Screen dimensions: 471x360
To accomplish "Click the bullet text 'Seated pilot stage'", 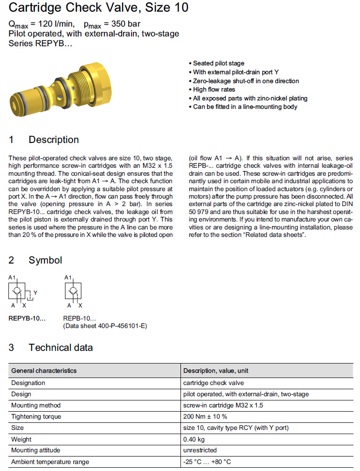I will (218, 63).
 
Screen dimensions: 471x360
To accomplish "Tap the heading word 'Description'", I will (54, 140).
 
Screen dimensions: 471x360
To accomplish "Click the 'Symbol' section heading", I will (45, 260).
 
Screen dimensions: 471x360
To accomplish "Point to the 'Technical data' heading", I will (61, 348).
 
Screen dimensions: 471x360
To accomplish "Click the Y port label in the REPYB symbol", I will (36, 293).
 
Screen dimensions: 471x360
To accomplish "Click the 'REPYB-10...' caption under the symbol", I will (27, 318).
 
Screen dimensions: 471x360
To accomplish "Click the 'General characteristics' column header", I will (44, 371).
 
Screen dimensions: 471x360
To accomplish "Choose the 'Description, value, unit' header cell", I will (216, 371).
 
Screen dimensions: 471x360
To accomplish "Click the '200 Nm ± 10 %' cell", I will (205, 416).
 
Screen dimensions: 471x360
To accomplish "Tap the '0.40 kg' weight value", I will (194, 439).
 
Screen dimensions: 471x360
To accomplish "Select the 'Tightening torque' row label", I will (36, 416).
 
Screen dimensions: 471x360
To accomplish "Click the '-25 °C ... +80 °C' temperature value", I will (207, 462).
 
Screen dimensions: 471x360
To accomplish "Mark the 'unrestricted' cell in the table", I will (200, 450).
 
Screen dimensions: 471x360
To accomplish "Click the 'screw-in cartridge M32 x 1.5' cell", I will (223, 405).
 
